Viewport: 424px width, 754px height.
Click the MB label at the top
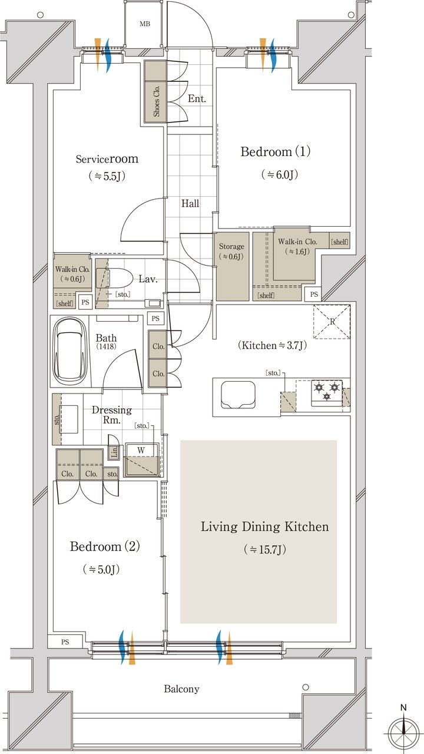click(145, 24)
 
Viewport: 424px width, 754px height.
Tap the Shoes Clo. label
click(156, 101)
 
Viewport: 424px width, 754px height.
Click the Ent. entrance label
click(197, 98)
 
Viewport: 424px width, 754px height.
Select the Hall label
click(190, 203)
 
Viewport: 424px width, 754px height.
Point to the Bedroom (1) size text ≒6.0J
click(279, 174)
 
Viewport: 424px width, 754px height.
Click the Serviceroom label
click(107, 159)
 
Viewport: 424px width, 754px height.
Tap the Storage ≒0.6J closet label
click(231, 252)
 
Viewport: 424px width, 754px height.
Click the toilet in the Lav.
click(111, 277)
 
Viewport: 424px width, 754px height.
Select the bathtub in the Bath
click(71, 351)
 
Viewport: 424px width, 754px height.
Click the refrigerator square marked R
click(332, 322)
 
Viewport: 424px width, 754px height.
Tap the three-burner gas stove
click(327, 392)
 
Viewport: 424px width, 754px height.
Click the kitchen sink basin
click(237, 395)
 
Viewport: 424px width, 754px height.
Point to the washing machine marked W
click(141, 459)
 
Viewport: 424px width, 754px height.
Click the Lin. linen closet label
click(114, 451)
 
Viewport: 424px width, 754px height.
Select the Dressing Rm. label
click(112, 415)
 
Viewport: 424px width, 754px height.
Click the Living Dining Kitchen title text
click(265, 527)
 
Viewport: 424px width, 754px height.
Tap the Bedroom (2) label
click(105, 546)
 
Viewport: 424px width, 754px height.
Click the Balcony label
click(181, 689)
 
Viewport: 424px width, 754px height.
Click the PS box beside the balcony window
click(65, 642)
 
